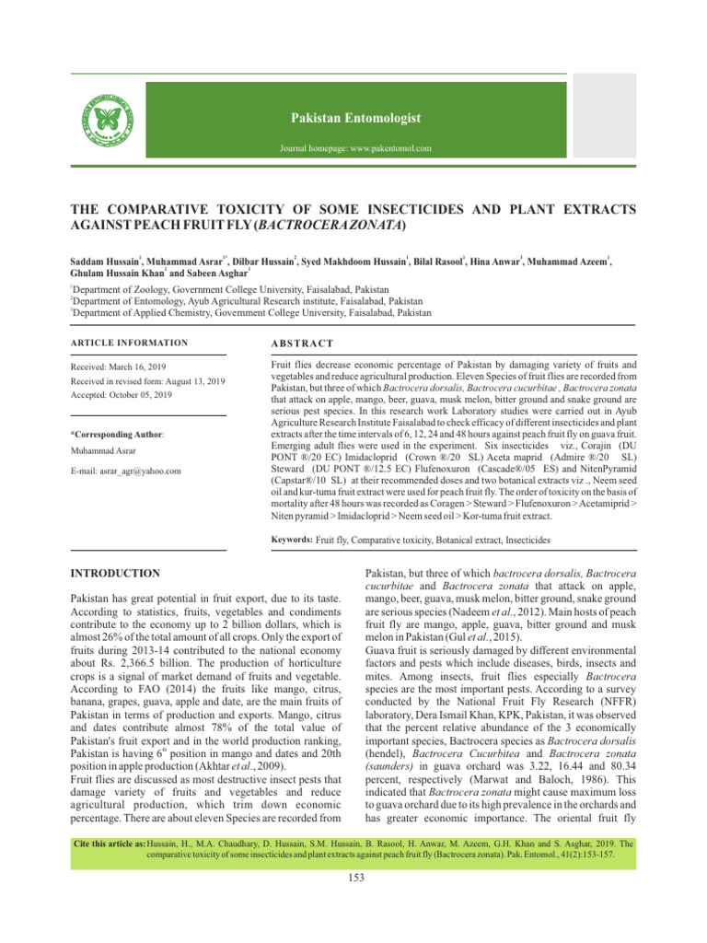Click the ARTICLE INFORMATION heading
tap(130, 343)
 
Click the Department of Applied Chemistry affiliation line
tap(249, 313)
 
